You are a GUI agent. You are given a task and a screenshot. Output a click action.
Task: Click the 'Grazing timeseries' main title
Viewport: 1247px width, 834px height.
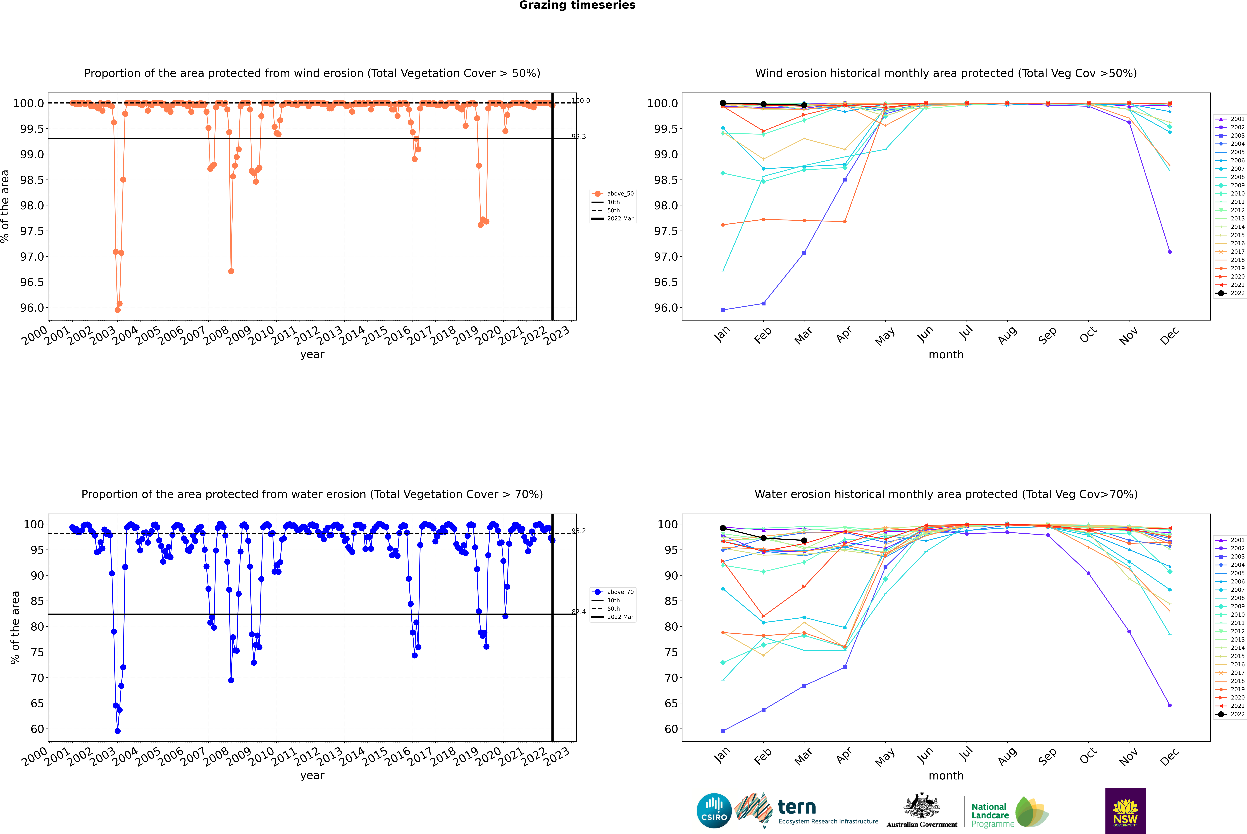point(577,5)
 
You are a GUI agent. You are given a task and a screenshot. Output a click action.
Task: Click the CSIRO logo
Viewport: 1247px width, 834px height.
point(714,811)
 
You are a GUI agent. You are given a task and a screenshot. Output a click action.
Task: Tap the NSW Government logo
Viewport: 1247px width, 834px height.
point(1125,811)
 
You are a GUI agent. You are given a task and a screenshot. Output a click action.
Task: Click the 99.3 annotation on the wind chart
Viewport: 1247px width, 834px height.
point(579,137)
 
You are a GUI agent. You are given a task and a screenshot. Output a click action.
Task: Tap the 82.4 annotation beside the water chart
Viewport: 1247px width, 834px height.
point(579,612)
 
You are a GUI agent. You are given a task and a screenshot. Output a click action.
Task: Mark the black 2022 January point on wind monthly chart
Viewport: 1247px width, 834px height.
point(723,103)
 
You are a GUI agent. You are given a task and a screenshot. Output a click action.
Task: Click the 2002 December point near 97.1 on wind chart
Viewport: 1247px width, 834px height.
point(1169,252)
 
